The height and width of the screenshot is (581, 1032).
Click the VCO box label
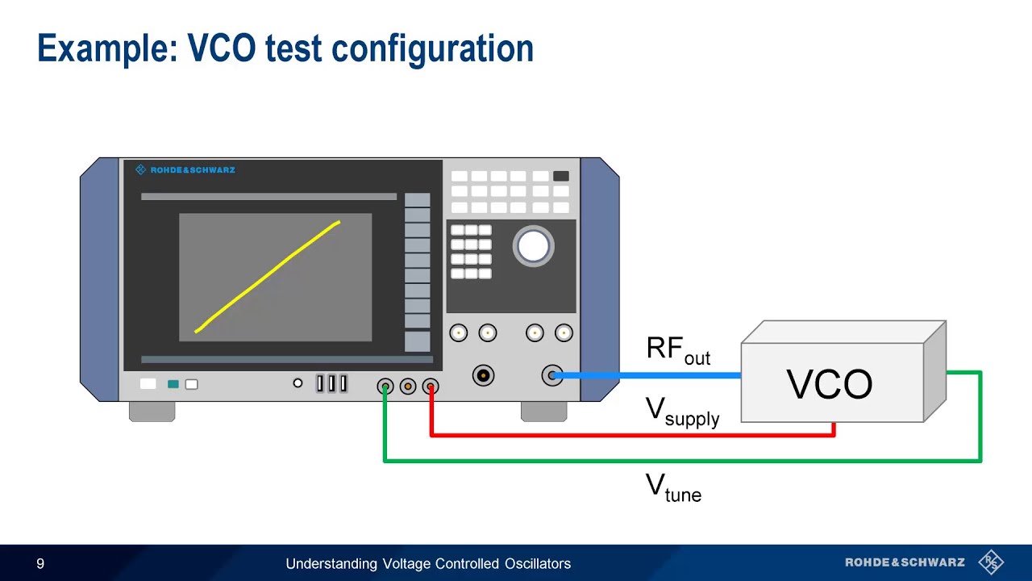click(829, 385)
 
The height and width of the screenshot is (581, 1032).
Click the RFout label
click(678, 350)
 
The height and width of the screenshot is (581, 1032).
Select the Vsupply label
click(682, 411)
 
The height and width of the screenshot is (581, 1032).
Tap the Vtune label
click(673, 487)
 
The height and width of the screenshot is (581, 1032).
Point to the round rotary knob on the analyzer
click(533, 246)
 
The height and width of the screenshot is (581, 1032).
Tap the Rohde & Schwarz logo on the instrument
click(185, 170)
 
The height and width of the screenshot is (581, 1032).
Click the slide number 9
click(40, 563)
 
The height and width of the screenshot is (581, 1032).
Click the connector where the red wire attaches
click(431, 387)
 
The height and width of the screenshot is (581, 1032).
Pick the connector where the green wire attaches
click(385, 387)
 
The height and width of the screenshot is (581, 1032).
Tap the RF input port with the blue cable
click(552, 375)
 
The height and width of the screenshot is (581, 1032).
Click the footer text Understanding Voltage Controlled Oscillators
click(428, 563)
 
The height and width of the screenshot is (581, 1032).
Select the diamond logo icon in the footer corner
click(990, 562)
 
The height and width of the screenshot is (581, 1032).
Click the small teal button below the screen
click(173, 384)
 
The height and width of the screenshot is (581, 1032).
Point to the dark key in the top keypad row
click(561, 176)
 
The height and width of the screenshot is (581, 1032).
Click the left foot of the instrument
click(152, 411)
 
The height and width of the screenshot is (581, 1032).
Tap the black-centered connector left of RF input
click(483, 375)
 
